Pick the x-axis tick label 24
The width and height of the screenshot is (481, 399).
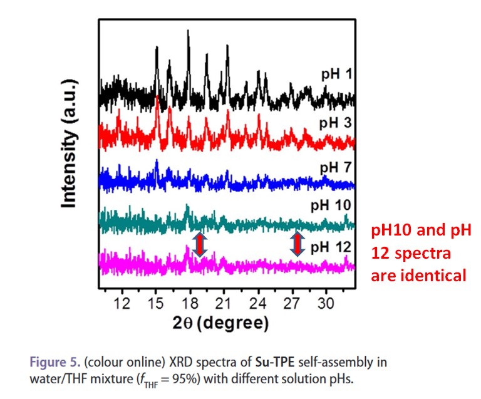pyautogui.click(x=257, y=304)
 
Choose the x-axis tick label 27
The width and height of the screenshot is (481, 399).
pyautogui.click(x=291, y=304)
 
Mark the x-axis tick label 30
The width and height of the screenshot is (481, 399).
pyautogui.click(x=325, y=304)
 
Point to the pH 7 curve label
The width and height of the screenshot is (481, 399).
pyautogui.click(x=336, y=167)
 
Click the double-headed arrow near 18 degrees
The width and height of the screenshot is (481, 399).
pyautogui.click(x=199, y=244)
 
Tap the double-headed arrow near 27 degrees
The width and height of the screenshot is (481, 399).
pyautogui.click(x=296, y=244)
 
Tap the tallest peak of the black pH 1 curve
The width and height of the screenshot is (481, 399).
pyautogui.click(x=188, y=33)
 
